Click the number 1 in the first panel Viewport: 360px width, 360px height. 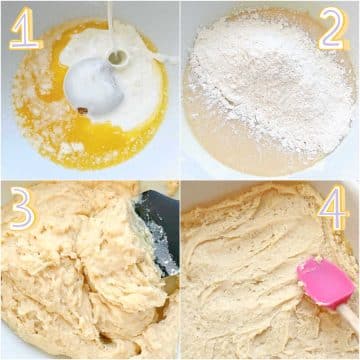pyautogui.click(x=25, y=28)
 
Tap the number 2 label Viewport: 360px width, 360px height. pyautogui.click(x=333, y=28)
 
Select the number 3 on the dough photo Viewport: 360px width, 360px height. pyautogui.click(x=23, y=208)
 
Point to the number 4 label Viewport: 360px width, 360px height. pyautogui.click(x=333, y=207)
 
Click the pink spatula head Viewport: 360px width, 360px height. pyautogui.click(x=325, y=283)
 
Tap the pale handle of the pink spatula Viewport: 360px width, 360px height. pyautogui.click(x=348, y=317)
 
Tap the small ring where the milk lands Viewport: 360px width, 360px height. pyautogui.click(x=118, y=59)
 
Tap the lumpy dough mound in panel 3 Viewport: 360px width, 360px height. pyautogui.click(x=83, y=267)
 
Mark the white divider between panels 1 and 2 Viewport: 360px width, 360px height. pyautogui.click(x=180, y=90)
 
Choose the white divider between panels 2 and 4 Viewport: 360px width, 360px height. pyautogui.click(x=271, y=179)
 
